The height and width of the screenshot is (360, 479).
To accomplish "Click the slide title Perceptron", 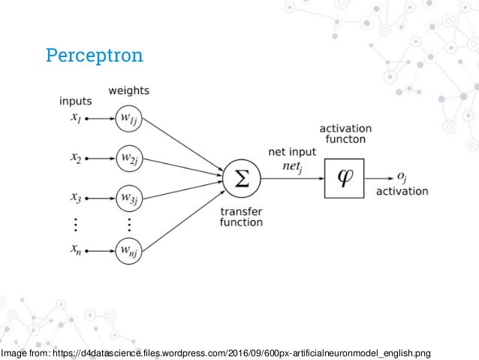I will pos(94,56).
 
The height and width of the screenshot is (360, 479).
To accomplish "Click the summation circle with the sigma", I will pos(240,178).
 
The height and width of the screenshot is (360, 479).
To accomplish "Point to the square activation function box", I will pos(344,178).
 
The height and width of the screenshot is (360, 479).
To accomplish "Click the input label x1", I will pos(76,118).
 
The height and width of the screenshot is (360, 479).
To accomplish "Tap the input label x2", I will pos(76,159).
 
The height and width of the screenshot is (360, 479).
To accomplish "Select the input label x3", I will pos(76,199).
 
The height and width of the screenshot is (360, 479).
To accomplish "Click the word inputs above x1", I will pos(76,101).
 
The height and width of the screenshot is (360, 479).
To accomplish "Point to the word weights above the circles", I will pos(129,91).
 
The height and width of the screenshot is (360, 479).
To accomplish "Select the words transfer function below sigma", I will pos(241,216).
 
